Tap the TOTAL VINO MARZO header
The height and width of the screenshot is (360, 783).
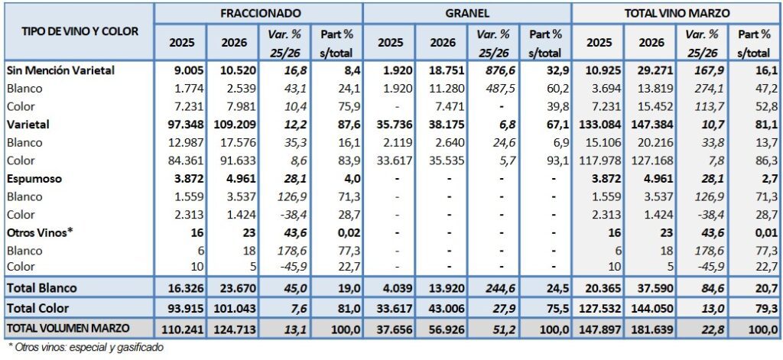(x=677, y=13)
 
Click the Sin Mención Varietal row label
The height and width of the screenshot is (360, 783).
(x=60, y=70)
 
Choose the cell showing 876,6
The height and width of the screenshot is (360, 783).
(x=493, y=70)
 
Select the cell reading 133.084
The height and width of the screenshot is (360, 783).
(x=595, y=124)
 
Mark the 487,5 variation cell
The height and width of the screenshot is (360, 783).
(x=493, y=88)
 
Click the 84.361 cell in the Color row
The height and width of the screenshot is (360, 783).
(x=177, y=160)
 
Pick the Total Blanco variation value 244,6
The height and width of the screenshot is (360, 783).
(x=492, y=287)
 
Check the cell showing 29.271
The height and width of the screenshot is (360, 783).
(x=649, y=70)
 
